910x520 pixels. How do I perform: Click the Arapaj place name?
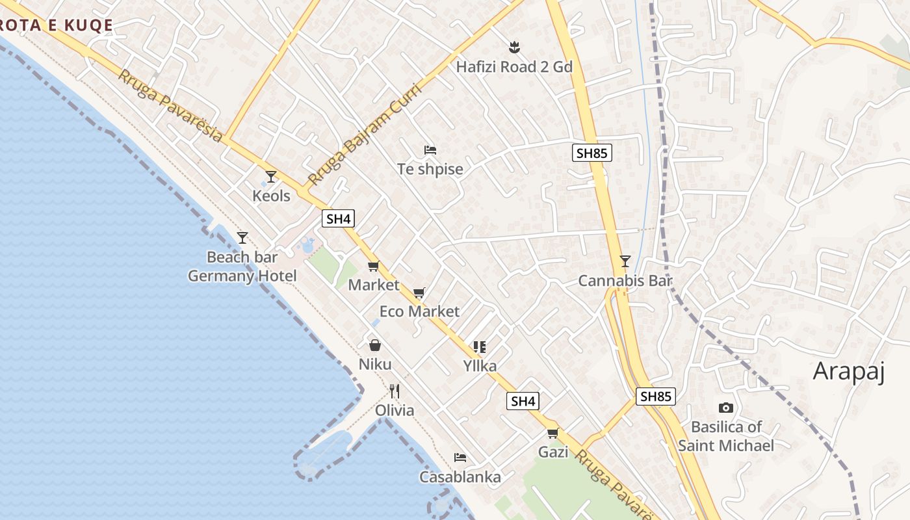pos(849,371)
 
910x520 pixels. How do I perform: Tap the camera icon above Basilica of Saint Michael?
pos(726,408)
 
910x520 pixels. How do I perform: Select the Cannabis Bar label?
pos(625,281)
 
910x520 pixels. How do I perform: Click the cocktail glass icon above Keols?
pos(271,176)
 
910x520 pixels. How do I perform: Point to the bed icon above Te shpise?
pos(430,150)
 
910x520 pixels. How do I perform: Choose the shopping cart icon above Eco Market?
pos(419,292)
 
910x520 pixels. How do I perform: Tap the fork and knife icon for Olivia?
pos(395,391)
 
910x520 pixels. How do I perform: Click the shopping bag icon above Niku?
pos(375,344)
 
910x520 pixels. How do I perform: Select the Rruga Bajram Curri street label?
pos(365,134)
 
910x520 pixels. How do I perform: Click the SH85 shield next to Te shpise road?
pos(592,153)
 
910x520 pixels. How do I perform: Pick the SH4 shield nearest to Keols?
pos(338,218)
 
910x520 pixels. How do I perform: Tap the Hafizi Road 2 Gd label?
pos(514,66)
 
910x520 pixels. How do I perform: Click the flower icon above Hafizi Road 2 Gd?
pos(514,47)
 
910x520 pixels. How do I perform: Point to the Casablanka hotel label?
pos(460,477)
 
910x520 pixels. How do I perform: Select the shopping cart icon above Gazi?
pos(553,433)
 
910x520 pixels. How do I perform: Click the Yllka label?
pos(480,366)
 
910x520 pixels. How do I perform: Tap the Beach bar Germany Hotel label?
pos(242,266)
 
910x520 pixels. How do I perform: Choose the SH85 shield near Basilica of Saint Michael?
pos(655,396)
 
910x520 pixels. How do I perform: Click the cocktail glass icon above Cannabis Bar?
pos(625,261)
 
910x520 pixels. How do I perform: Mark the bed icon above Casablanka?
pos(460,458)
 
